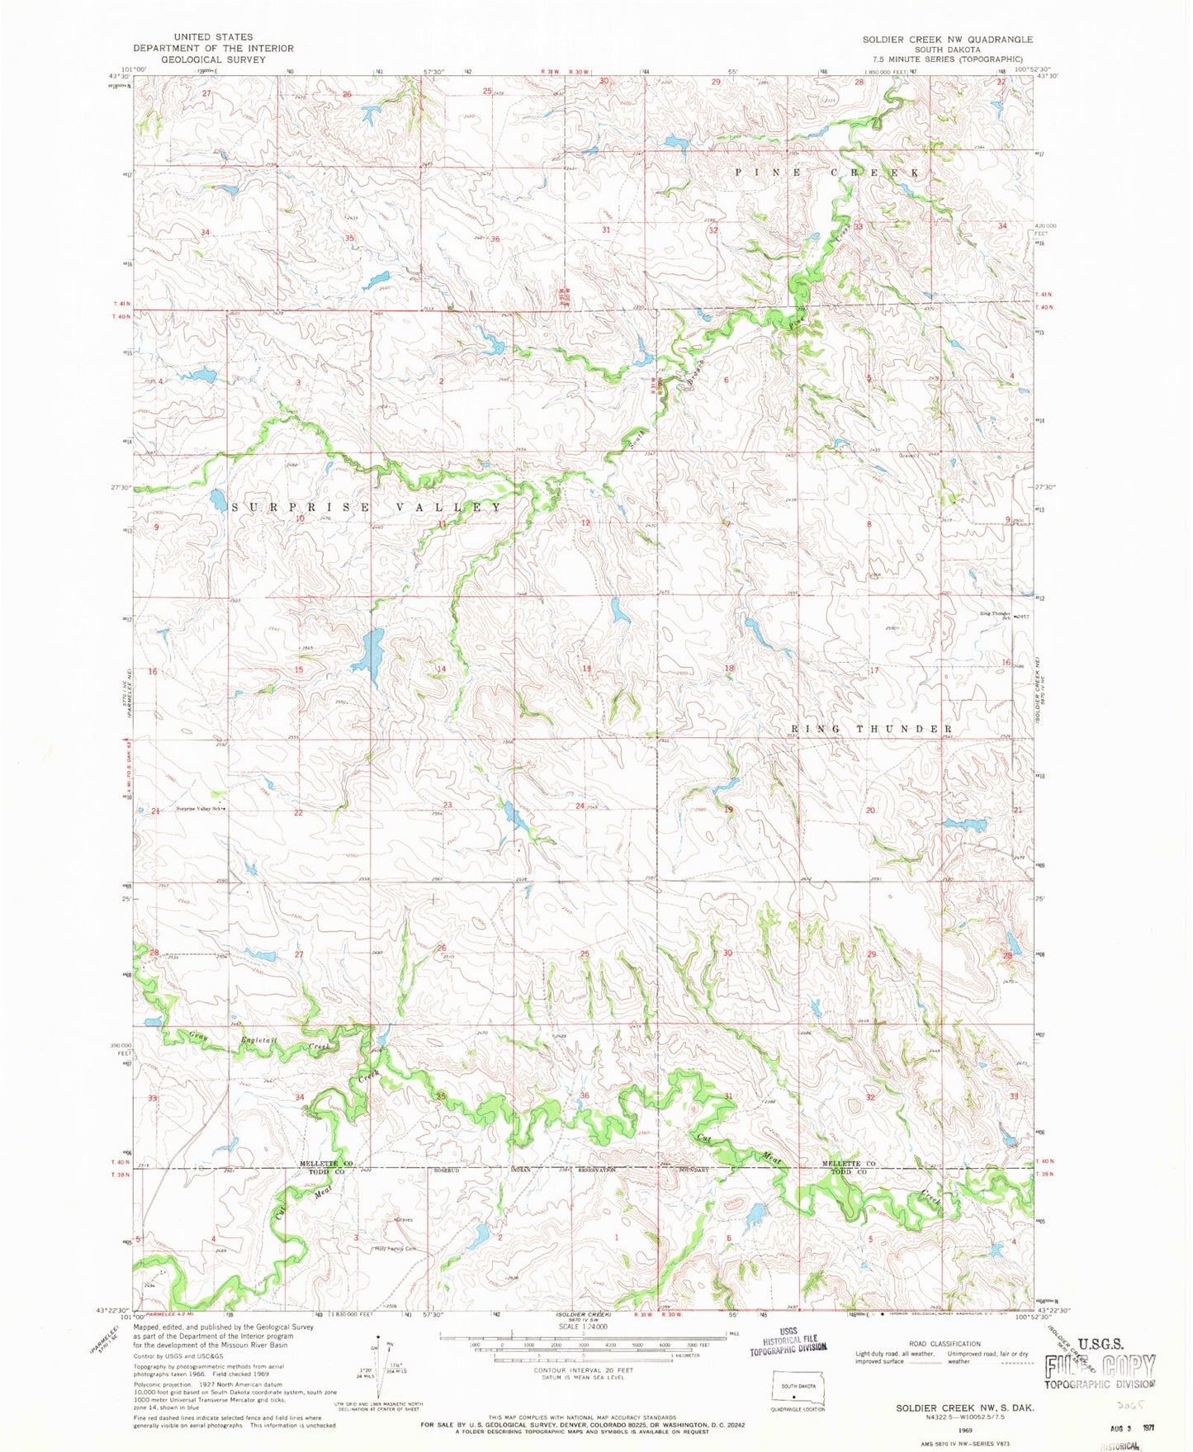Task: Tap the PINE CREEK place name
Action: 827,173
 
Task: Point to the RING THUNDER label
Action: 872,729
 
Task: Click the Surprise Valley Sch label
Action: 201,809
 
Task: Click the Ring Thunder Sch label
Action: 997,615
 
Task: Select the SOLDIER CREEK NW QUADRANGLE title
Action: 947,39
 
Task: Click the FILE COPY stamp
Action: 1100,1367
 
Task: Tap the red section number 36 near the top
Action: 495,239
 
